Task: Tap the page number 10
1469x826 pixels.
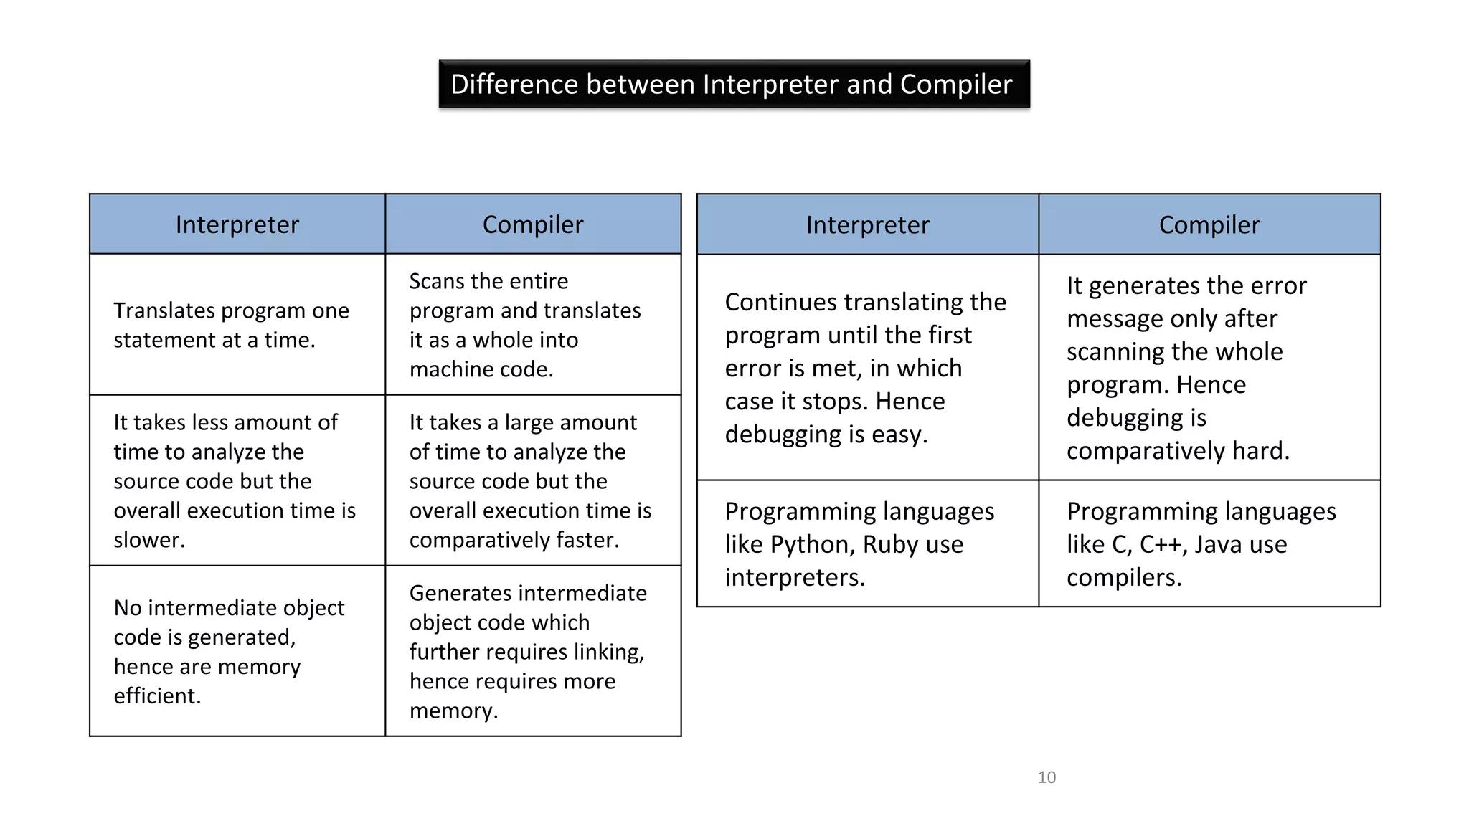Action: (x=1047, y=777)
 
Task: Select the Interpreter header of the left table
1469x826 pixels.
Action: (x=237, y=224)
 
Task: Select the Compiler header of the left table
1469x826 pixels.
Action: (x=533, y=224)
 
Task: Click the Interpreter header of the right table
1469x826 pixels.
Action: (x=867, y=225)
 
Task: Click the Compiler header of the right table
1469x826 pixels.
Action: (x=1209, y=225)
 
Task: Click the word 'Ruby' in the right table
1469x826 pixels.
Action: (x=890, y=545)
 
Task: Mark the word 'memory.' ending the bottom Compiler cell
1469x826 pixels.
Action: (x=453, y=711)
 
